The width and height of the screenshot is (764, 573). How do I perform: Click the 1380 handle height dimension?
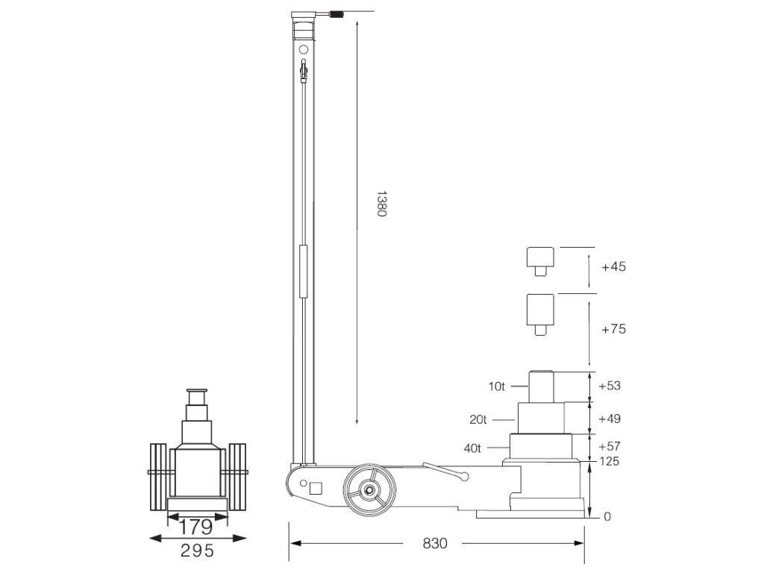pyautogui.click(x=381, y=204)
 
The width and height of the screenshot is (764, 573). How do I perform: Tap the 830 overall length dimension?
pyautogui.click(x=435, y=543)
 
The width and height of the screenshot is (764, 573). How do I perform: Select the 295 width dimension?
pyautogui.click(x=197, y=551)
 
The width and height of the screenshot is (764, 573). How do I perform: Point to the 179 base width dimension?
pyautogui.click(x=196, y=527)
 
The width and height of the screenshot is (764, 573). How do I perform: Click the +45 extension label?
pyautogui.click(x=613, y=266)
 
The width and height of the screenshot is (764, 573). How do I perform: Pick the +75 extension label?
pyautogui.click(x=613, y=329)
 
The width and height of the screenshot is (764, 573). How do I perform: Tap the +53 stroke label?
pyautogui.click(x=610, y=386)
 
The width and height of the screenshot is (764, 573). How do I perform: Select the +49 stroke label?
pyautogui.click(x=610, y=419)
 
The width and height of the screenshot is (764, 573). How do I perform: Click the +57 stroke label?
pyautogui.click(x=610, y=446)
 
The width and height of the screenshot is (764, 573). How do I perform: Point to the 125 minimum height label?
pyautogui.click(x=609, y=461)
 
